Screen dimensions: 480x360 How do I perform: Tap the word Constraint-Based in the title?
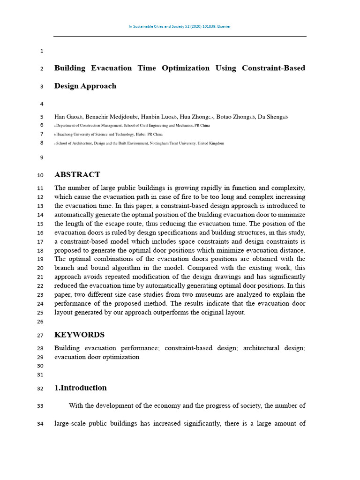(x=273, y=68)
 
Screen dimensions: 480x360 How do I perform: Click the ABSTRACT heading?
(x=77, y=175)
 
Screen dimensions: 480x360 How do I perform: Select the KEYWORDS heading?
(x=79, y=335)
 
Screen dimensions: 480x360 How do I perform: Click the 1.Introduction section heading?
(x=81, y=388)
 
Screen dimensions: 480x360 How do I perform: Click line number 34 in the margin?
(x=40, y=424)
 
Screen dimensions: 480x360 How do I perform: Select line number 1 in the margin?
(x=42, y=51)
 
